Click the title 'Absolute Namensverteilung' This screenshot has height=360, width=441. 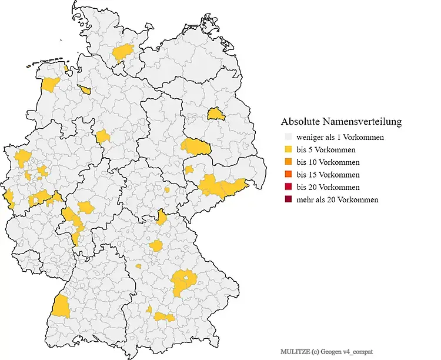click(341, 122)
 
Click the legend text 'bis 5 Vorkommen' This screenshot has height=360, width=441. click(325, 149)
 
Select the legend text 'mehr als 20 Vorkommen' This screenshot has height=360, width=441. click(337, 200)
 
